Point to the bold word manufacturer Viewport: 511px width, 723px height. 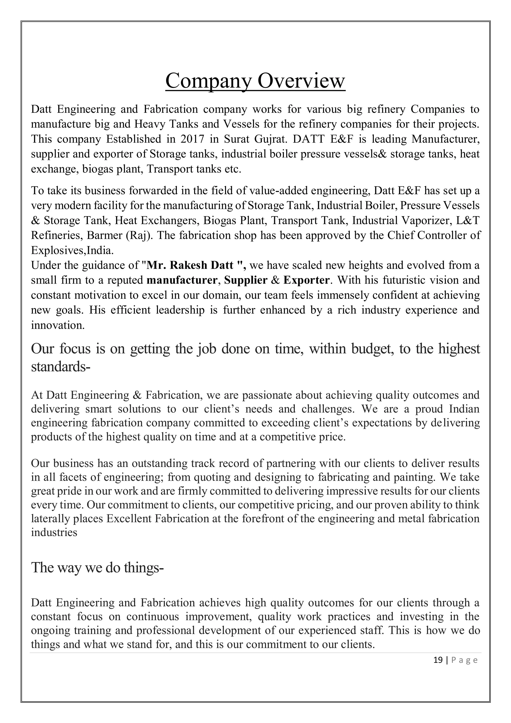[182, 280]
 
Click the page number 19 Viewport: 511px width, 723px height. [438, 660]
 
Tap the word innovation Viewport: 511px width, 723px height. [58, 325]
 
